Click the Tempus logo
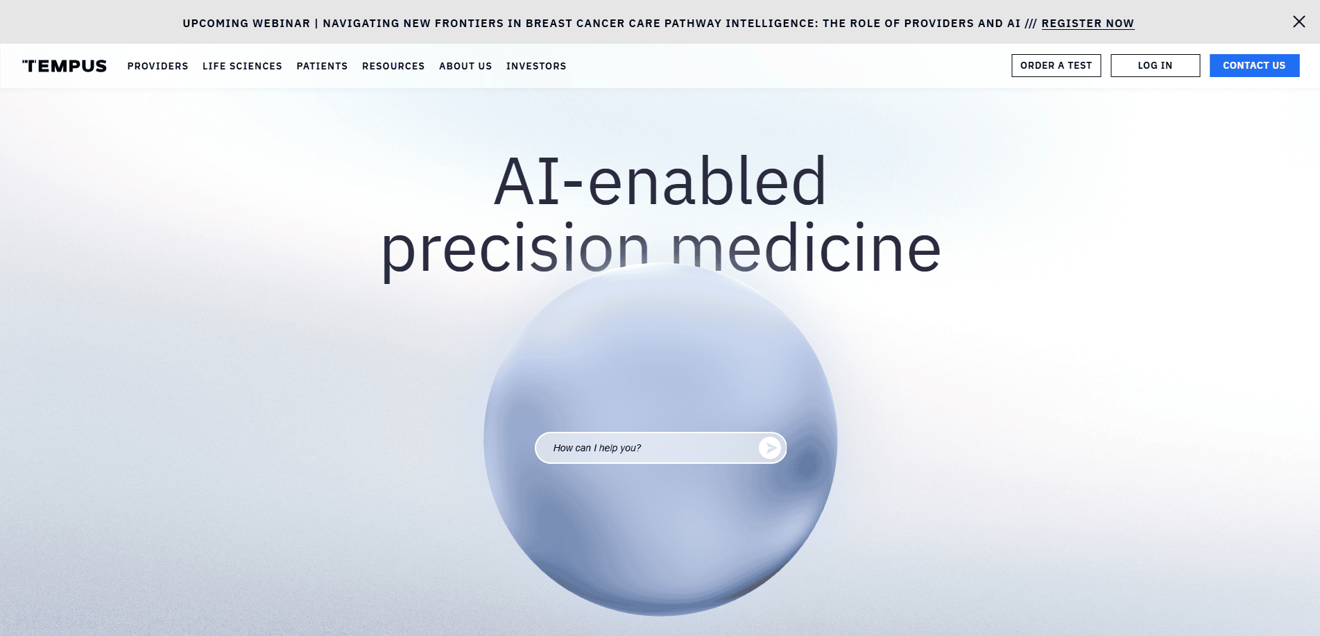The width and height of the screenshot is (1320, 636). [x=65, y=66]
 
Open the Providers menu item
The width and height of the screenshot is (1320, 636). [x=157, y=66]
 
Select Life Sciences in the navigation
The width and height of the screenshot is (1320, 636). [x=242, y=66]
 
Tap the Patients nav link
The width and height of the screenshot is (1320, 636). [x=322, y=66]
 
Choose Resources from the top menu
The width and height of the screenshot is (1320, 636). [x=393, y=66]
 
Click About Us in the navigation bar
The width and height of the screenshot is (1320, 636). [x=465, y=66]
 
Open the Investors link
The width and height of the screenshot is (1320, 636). [x=536, y=66]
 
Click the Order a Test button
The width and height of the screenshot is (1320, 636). [x=1056, y=65]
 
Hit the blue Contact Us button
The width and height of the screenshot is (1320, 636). [x=1254, y=65]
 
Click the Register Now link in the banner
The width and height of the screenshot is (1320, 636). [x=1088, y=24]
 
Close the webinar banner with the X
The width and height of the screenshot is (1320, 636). [x=1299, y=22]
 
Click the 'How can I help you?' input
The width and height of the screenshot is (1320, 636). [x=645, y=448]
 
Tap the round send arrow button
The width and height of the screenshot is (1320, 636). [x=770, y=448]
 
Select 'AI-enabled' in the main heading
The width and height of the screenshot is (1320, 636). [x=660, y=182]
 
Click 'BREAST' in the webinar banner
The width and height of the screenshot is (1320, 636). [x=549, y=24]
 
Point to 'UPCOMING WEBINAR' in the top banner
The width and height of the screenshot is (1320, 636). [x=246, y=24]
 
